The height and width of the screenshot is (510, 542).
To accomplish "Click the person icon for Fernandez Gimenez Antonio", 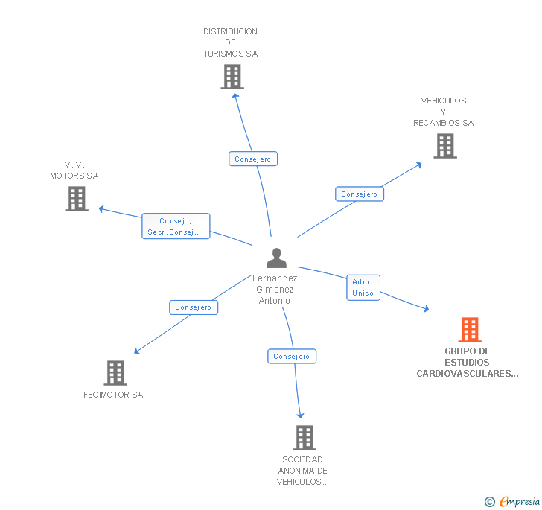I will tap(276, 258).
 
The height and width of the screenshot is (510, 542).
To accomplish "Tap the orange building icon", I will tap(469, 329).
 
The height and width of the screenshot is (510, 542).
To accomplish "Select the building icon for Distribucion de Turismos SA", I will tap(232, 77).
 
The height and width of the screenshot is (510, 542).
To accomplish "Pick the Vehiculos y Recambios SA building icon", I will tap(444, 146).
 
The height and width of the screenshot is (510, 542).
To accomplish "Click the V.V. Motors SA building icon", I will tap(76, 199).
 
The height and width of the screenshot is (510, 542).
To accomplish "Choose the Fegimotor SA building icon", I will tap(115, 372).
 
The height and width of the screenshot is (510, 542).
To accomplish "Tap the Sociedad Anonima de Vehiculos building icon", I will tap(304, 438).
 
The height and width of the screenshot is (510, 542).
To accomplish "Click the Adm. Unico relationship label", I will tap(363, 287).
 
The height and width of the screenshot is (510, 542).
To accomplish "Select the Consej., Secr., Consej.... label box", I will tap(176, 226).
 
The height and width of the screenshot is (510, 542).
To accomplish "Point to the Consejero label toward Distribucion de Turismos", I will tap(253, 159).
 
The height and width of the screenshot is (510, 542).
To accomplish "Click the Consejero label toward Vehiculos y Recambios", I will tap(360, 194).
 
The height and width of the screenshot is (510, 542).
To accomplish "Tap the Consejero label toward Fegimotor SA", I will tap(194, 307).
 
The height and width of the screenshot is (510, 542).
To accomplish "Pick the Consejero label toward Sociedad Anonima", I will tap(292, 356).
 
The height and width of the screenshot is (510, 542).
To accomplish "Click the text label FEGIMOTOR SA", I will tap(113, 395).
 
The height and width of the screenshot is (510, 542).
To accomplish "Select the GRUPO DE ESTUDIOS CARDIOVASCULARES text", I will tap(468, 363).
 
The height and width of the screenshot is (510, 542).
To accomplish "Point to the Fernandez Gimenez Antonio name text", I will tap(275, 290).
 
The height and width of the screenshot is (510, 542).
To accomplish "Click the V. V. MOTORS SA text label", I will tap(74, 170).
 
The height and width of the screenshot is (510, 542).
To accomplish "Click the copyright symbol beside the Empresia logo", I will tap(490, 502).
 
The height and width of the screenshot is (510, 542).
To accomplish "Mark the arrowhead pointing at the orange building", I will tap(426, 309).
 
